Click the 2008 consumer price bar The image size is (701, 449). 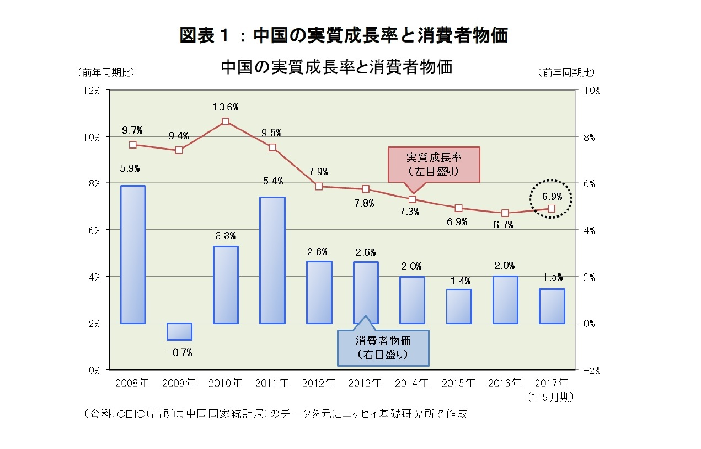tap(132, 255)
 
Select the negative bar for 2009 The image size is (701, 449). tap(179, 331)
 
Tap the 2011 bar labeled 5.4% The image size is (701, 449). tap(272, 260)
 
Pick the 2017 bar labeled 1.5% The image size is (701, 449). tap(552, 306)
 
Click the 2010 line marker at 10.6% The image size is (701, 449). tap(226, 122)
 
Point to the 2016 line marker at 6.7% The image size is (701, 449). tap(505, 213)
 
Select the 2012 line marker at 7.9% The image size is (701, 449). tap(319, 186)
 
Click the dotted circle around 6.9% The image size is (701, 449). tap(552, 198)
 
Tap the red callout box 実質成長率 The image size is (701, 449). tap(434, 164)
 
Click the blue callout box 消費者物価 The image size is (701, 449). tap(383, 347)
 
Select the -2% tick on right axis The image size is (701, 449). tap(591, 371)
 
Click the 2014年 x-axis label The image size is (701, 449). tap(412, 383)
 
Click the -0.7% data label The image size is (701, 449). tap(179, 352)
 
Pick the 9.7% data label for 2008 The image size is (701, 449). tap(132, 130)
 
